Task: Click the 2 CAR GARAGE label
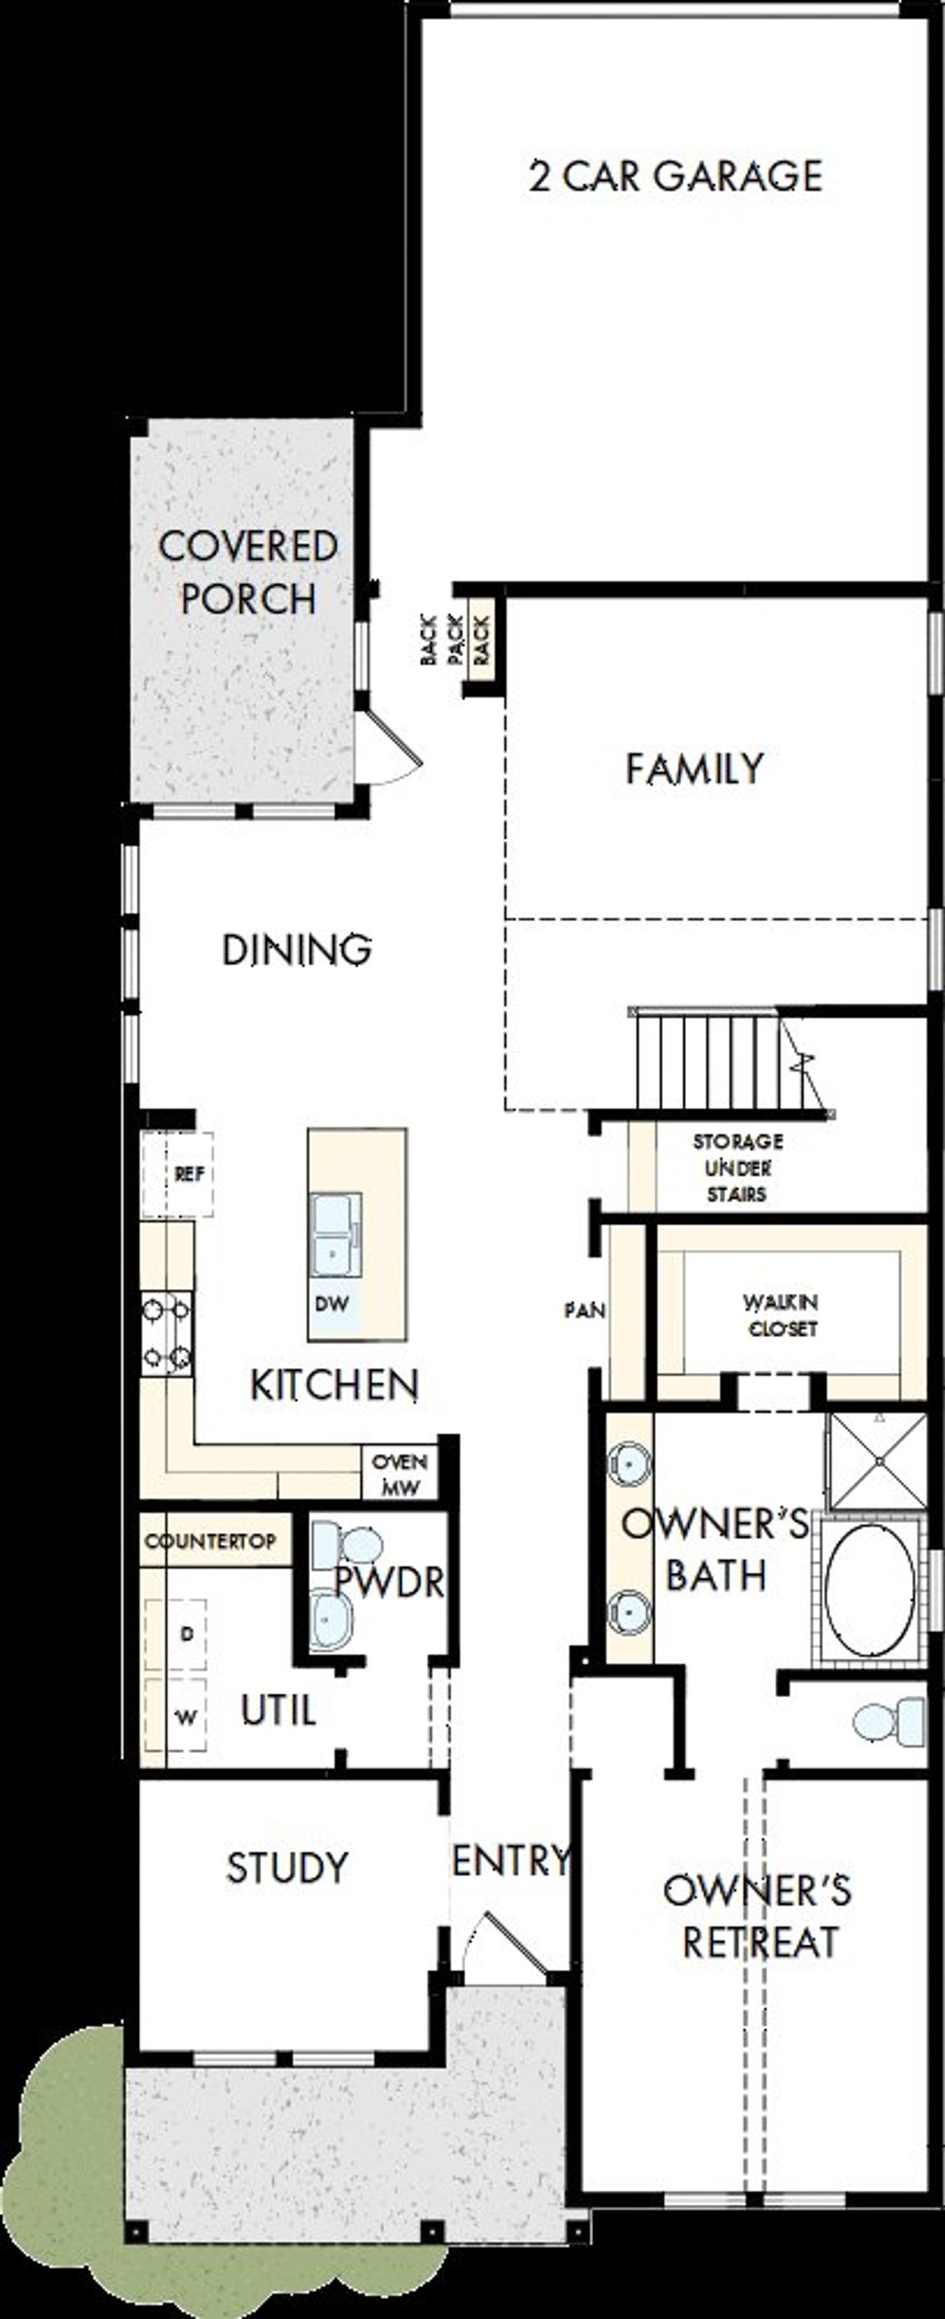[x=675, y=176]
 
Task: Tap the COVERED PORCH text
[x=247, y=573]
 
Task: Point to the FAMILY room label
[x=694, y=769]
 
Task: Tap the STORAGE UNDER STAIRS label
[x=737, y=1167]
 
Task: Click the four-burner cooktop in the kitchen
[x=168, y=1333]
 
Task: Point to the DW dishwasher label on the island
[x=331, y=1303]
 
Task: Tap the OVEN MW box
[x=399, y=1474]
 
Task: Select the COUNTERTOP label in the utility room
[x=210, y=1541]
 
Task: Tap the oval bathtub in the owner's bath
[x=870, y=1590]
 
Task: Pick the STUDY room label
[x=286, y=1868]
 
